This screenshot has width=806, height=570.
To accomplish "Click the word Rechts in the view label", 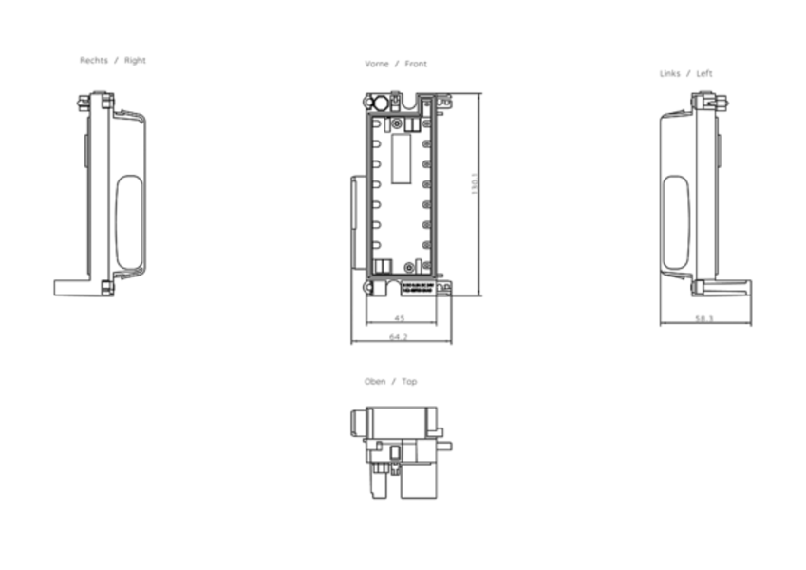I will point(93,60).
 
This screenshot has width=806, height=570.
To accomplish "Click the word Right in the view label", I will point(136,60).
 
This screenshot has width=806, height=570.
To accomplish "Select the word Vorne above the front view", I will point(377,64).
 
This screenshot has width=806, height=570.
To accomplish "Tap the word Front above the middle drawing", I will point(416,64).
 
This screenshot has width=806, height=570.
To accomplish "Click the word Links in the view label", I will point(670,73).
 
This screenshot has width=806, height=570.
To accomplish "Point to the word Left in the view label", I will point(704,73).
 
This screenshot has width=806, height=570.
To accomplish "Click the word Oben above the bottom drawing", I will point(375,381).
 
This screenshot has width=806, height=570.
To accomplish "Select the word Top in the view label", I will point(409,381).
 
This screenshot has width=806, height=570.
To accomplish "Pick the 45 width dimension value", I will point(400,318).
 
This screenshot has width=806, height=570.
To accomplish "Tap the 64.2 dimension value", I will point(399,336).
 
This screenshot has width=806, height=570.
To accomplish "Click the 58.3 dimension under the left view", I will point(704,318).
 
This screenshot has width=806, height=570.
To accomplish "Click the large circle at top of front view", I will point(381,103).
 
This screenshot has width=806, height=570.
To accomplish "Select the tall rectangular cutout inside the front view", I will point(401,157).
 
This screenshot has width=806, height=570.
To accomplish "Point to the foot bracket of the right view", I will point(74,286).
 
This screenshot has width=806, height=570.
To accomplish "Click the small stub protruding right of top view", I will point(444,444).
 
